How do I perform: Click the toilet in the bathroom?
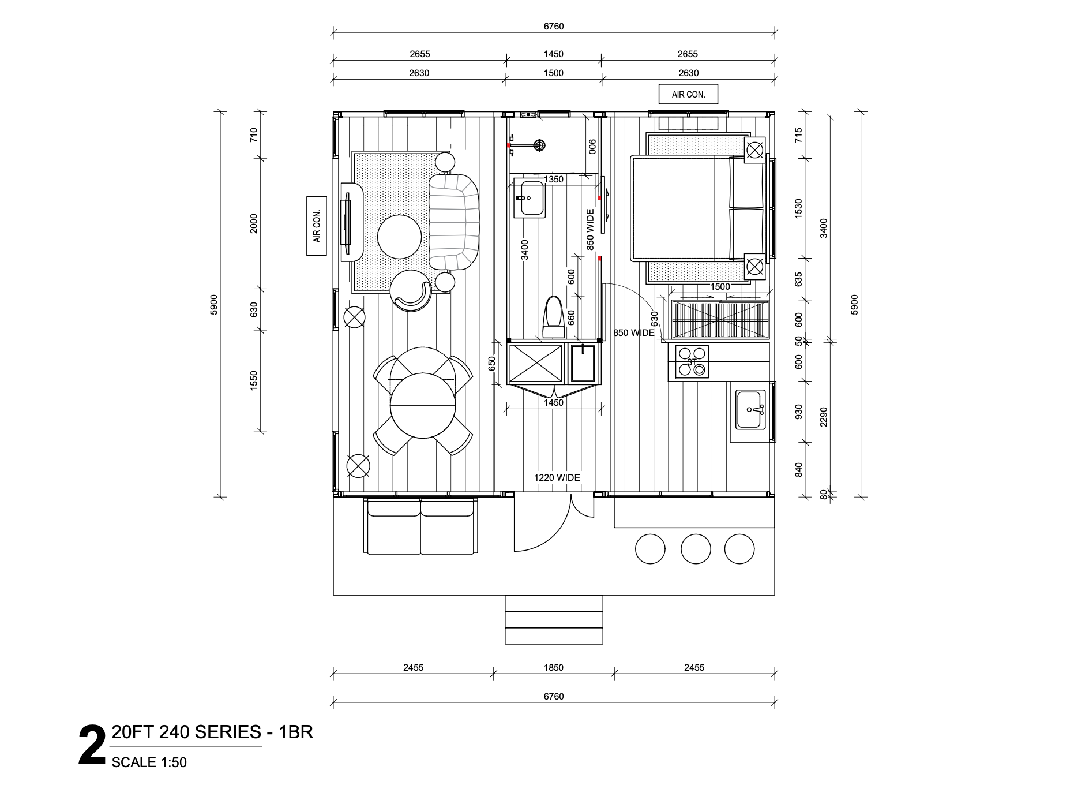(554, 318)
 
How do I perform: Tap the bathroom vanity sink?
(528, 199)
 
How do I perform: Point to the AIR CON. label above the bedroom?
(688, 94)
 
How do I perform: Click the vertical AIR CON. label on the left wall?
(316, 226)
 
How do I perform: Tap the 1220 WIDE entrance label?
(557, 477)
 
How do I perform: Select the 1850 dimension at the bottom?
(553, 667)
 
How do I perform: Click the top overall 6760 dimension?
(553, 26)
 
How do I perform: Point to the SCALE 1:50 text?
(149, 762)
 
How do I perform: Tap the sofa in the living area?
(454, 222)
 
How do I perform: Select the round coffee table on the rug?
(399, 237)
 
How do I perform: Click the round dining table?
(423, 405)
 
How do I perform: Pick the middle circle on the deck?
(696, 548)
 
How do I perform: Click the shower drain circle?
(539, 145)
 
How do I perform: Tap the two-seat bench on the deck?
(420, 526)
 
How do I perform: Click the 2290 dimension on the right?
(823, 417)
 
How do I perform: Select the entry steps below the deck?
(554, 619)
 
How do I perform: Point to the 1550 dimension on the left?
(254, 380)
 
